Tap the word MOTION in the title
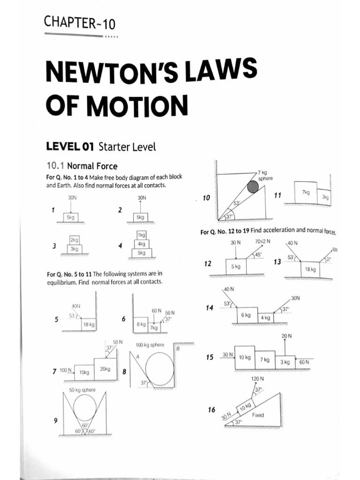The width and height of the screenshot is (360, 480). click(x=136, y=105)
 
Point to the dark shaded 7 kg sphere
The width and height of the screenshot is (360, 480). click(x=253, y=187)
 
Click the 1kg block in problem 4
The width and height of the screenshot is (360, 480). click(x=141, y=235)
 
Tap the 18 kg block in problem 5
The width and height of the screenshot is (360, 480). click(x=88, y=324)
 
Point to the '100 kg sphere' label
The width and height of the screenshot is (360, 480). click(x=150, y=345)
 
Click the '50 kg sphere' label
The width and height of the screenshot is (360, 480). click(x=82, y=390)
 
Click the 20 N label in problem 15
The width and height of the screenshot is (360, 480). click(x=286, y=336)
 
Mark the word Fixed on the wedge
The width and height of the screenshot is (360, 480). click(x=258, y=415)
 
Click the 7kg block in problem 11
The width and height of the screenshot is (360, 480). click(x=306, y=193)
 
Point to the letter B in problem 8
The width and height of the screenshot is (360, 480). click(x=178, y=348)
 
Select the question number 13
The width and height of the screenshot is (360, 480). click(x=277, y=262)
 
